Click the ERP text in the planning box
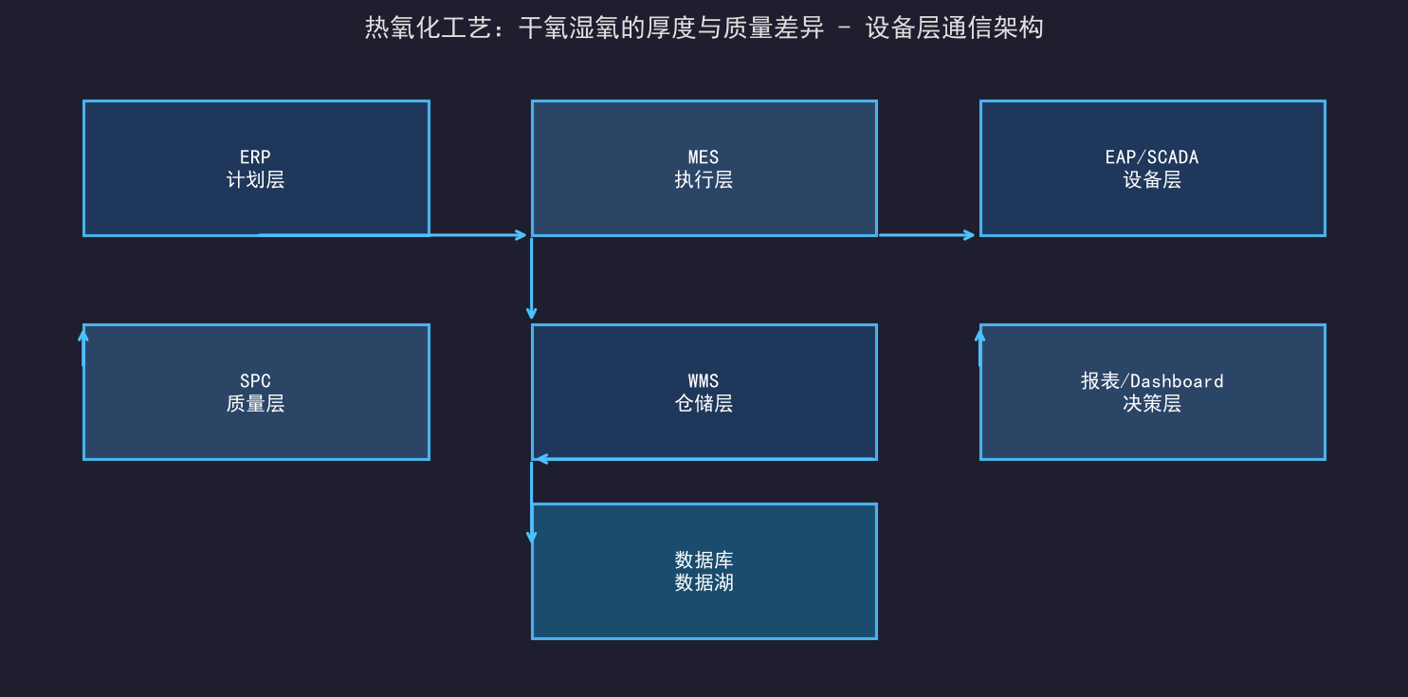[255, 157]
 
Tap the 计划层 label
[255, 180]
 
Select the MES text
[704, 157]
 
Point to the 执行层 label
[704, 180]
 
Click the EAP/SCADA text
[1152, 157]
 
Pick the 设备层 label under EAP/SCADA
[1152, 180]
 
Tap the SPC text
[255, 381]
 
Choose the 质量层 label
[255, 403]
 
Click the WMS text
[704, 381]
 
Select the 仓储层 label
[704, 403]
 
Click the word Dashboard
[1176, 381]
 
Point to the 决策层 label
[1152, 403]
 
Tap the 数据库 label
[704, 559]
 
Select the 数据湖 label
[704, 582]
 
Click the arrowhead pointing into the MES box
[521, 235]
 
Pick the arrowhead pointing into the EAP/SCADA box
[969, 235]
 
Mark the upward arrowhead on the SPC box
[83, 337]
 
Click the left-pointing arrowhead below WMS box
[542, 459]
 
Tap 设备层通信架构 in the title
[954, 28]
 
